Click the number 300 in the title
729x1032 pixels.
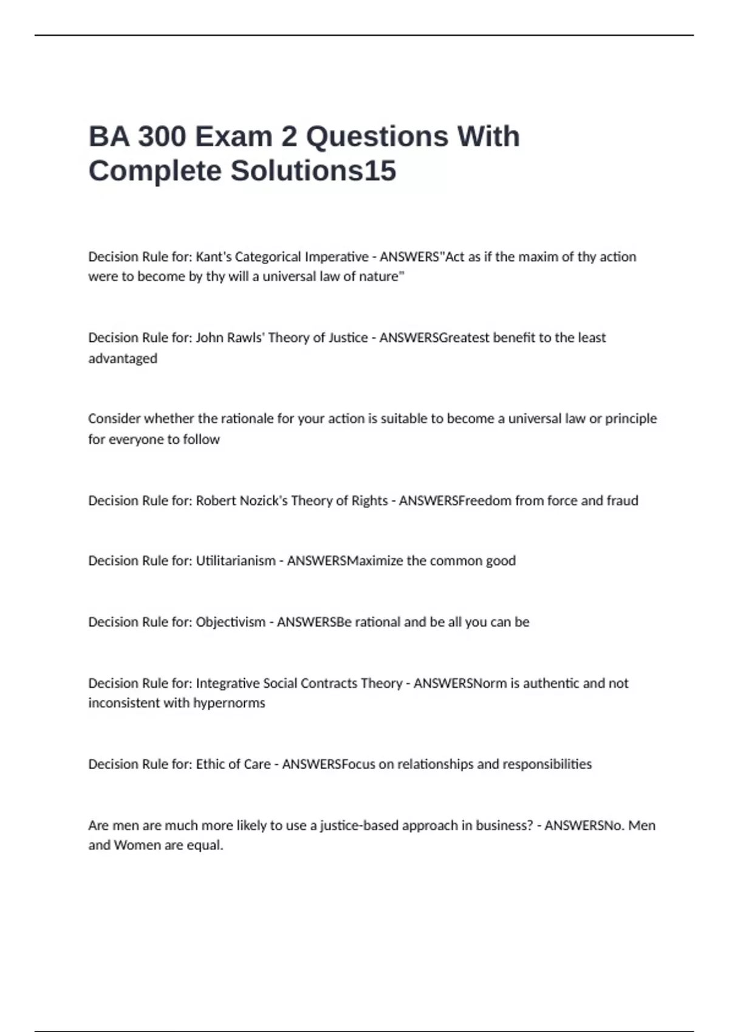point(162,137)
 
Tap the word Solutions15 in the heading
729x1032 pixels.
point(313,171)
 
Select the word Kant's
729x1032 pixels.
point(213,257)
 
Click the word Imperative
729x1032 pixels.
point(337,257)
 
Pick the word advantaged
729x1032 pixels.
point(123,358)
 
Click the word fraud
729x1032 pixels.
point(622,501)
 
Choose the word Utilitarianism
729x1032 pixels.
point(236,561)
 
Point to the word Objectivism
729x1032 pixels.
point(230,622)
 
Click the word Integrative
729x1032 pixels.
point(228,684)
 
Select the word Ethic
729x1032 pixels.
point(210,764)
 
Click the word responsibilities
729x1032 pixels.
point(548,764)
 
